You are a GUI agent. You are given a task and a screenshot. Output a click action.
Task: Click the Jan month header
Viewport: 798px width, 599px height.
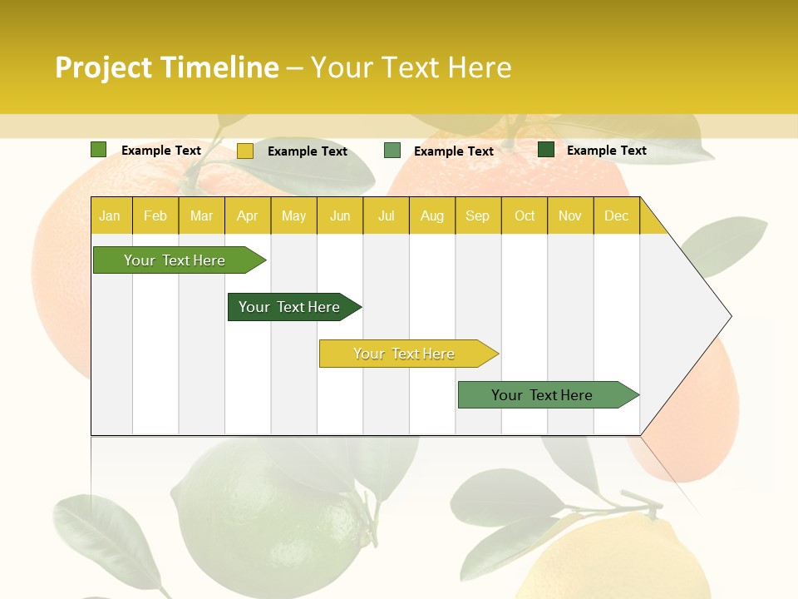(110, 215)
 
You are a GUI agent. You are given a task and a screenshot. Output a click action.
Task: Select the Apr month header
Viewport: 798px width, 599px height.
(247, 215)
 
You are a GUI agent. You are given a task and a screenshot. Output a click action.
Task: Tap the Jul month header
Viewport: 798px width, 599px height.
(386, 215)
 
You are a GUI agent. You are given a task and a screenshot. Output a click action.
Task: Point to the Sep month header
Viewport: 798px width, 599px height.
(477, 215)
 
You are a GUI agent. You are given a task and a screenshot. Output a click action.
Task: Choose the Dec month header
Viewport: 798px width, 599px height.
(616, 215)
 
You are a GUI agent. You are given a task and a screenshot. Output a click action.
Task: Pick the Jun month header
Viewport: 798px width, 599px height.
(340, 215)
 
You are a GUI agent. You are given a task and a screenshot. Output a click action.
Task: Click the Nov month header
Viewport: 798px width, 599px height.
(569, 215)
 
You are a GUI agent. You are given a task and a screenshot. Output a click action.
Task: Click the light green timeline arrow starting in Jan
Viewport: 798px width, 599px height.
(175, 260)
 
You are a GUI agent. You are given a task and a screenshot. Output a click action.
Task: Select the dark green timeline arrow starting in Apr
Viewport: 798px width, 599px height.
(290, 307)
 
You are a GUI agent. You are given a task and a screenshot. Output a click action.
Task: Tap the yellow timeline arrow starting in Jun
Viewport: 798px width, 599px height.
(405, 354)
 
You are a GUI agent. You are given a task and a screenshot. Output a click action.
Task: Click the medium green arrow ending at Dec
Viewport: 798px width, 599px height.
(543, 395)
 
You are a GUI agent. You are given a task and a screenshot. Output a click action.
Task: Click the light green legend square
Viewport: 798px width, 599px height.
(99, 150)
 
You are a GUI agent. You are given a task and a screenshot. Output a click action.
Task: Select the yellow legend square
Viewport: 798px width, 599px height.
(245, 151)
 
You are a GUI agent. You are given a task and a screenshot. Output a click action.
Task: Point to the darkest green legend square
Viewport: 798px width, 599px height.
(546, 150)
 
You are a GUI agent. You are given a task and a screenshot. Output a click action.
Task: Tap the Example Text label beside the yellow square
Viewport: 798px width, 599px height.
(308, 151)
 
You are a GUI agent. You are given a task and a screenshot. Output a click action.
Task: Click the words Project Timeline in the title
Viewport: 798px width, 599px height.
(167, 67)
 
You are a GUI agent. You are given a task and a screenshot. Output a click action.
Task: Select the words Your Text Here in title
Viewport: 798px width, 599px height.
(411, 67)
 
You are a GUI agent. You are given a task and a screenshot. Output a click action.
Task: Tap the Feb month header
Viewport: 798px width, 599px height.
(155, 215)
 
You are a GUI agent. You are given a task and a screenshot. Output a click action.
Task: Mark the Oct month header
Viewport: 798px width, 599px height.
(525, 215)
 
